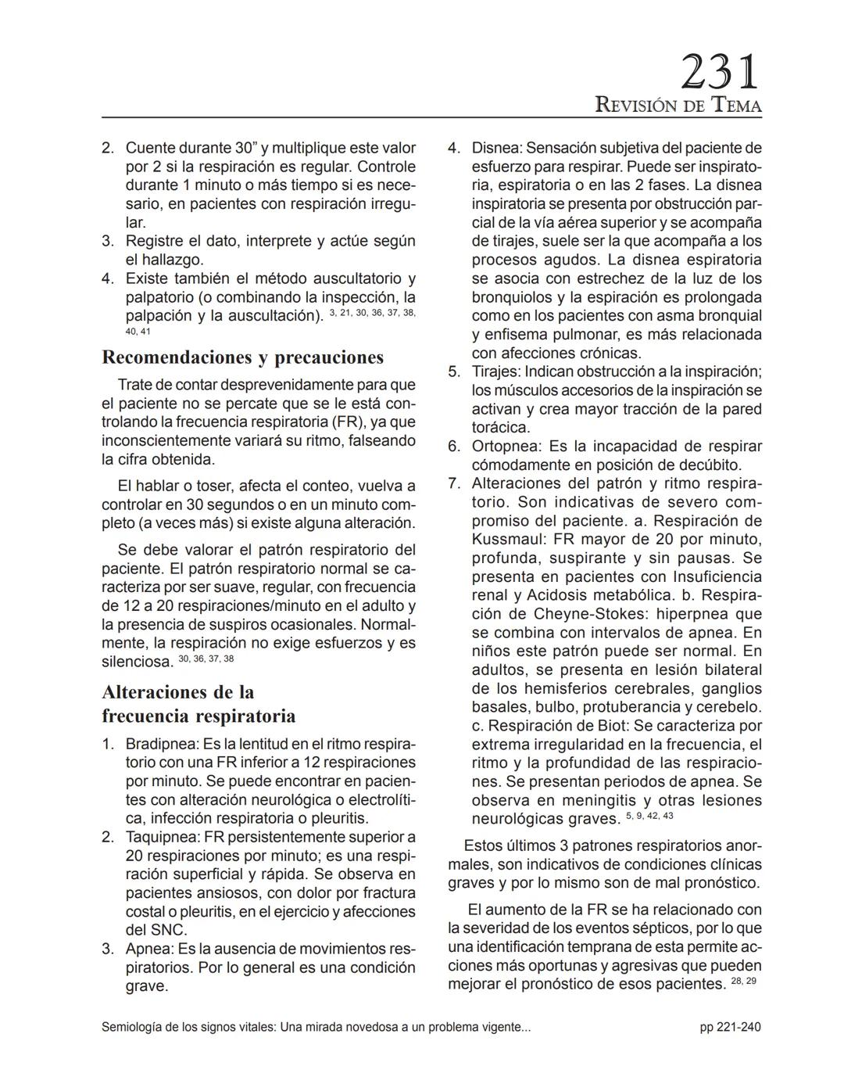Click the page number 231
coord(720,73)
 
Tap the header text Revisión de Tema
coord(678,105)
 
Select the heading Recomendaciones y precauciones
coord(242,357)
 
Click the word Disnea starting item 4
coord(496,148)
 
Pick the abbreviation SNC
coord(168,930)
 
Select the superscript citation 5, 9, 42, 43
coord(649,816)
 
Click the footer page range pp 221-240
coord(730,1027)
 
